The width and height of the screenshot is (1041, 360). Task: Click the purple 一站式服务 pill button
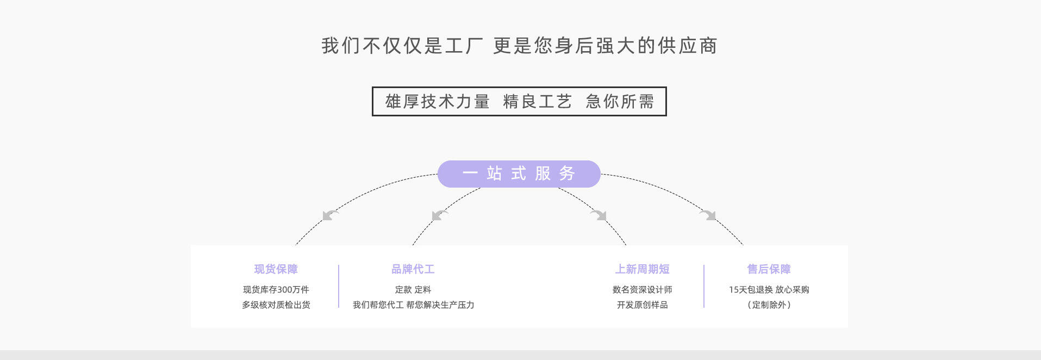519,174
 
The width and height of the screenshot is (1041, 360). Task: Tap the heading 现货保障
276,269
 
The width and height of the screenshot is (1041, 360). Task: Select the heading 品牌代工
413,269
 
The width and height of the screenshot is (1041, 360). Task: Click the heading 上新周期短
642,269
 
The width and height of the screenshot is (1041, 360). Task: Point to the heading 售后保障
769,269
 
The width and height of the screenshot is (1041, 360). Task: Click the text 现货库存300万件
276,290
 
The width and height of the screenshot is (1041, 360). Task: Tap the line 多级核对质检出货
276,305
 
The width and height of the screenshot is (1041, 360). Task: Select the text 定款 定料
413,290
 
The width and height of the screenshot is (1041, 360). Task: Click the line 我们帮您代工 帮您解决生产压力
413,305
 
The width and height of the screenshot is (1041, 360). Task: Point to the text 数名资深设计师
642,290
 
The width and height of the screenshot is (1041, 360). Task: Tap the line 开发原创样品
642,305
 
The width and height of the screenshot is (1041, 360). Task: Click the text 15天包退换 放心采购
769,290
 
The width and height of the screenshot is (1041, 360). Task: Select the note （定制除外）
769,305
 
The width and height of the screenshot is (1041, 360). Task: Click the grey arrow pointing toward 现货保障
330,215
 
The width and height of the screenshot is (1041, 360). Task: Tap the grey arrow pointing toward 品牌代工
439,215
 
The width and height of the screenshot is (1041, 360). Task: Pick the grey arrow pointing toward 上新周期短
599,215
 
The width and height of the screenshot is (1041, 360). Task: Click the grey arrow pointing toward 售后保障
708,215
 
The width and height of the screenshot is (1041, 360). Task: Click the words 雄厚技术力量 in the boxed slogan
438,102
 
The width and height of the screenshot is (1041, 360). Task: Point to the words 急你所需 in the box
620,102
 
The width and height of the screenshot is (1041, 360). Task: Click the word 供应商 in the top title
688,46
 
